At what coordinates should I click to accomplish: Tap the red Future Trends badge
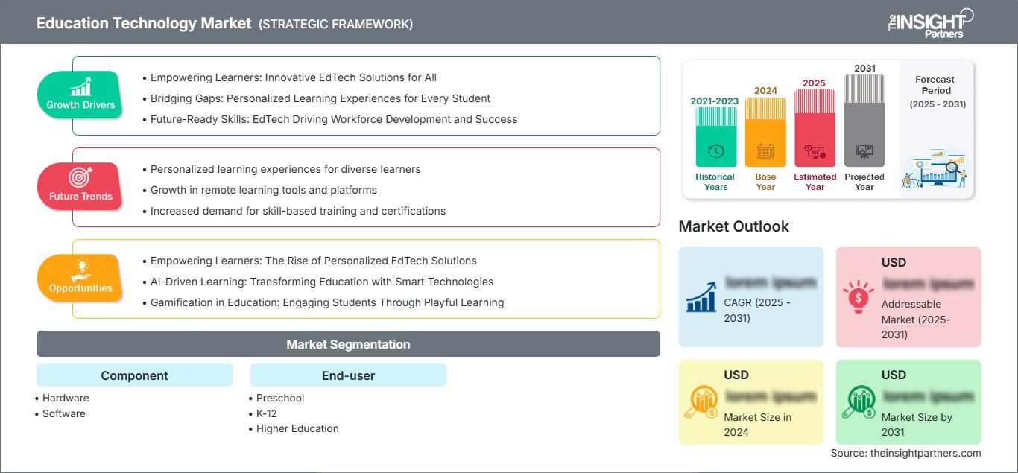tap(80, 187)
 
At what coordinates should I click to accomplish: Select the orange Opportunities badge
tap(80, 279)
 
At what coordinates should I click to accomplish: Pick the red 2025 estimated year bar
tap(815, 130)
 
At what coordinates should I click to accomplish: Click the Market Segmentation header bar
tap(348, 344)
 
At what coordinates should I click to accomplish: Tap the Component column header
tap(134, 375)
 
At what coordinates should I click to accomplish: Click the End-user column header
tap(348, 375)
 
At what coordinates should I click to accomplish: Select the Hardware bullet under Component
tap(65, 398)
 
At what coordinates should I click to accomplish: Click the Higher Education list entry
tap(297, 428)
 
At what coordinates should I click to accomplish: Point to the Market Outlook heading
tap(733, 226)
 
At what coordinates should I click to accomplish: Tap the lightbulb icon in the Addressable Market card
tap(857, 296)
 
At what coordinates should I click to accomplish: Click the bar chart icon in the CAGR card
tap(701, 296)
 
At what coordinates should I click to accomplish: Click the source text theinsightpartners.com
tap(905, 453)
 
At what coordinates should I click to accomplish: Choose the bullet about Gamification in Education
tap(326, 302)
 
